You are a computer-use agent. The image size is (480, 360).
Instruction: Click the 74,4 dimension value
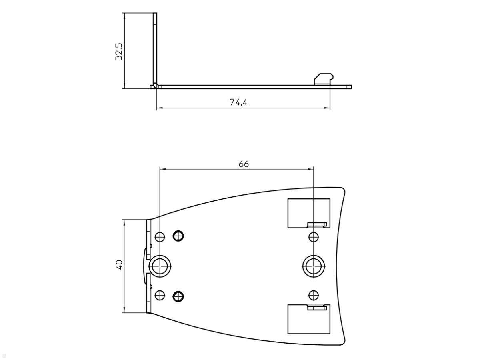pos(238,102)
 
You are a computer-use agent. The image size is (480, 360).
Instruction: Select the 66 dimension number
pos(244,164)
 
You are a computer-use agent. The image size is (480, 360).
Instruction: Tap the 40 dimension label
pos(119,264)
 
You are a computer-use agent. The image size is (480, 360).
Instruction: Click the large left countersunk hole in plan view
pos(160,266)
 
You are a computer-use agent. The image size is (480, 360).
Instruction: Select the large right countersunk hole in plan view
pos(314,266)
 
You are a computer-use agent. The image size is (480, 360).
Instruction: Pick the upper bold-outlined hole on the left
pos(178,236)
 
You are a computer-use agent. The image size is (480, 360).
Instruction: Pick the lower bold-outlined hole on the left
pos(178,296)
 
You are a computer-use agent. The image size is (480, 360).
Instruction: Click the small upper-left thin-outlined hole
pos(160,237)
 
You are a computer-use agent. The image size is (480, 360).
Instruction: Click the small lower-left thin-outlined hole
pos(160,296)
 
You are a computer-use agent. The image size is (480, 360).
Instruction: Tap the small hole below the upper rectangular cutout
pos(314,237)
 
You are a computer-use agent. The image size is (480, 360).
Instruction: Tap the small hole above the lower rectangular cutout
pos(314,296)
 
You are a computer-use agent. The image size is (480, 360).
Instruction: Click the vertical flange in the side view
pos(155,48)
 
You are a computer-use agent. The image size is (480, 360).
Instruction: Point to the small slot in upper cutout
pos(317,224)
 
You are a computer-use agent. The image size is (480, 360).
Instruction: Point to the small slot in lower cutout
pos(317,308)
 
